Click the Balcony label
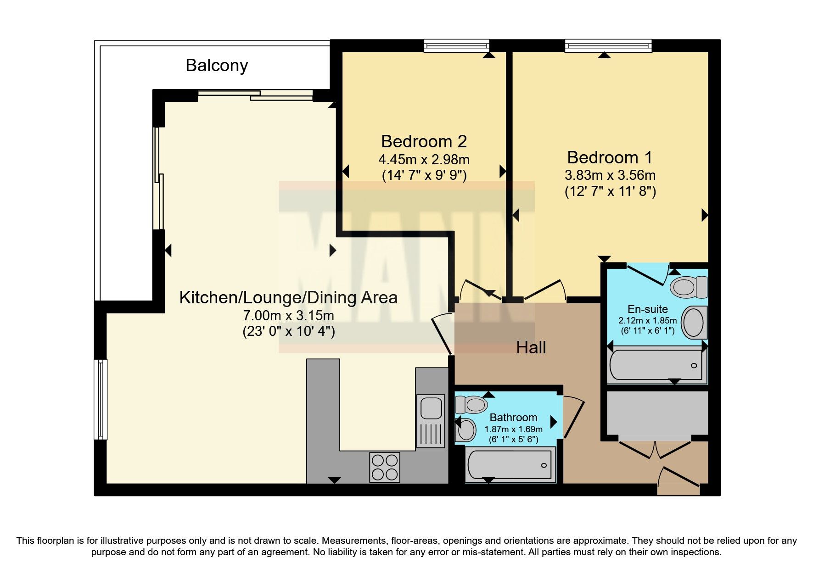217,65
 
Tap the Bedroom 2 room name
424,141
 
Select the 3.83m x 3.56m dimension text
610,175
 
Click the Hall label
531,347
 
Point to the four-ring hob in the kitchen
385,467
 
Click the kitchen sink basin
431,407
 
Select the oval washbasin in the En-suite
693,322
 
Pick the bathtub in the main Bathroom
510,465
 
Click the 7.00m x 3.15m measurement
288,316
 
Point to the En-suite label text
647,309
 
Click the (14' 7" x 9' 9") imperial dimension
424,175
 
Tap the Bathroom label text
513,418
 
